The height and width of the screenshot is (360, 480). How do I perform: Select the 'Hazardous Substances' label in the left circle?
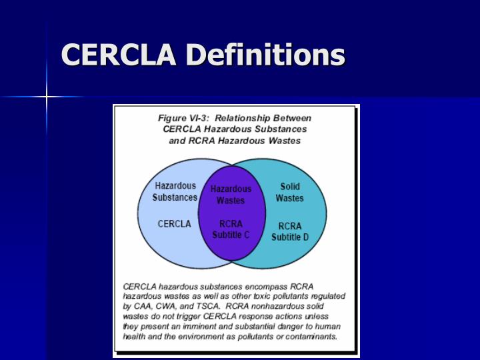point(175,191)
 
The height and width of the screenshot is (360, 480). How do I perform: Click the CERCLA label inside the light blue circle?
point(174,224)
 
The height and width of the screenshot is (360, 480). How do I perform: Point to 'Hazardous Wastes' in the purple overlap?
point(231,194)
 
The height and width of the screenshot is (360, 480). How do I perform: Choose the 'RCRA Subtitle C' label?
point(231,229)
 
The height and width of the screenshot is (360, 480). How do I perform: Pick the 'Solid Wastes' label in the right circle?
point(290,192)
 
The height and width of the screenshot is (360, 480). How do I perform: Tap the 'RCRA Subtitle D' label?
point(290,231)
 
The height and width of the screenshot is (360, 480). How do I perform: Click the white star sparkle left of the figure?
point(47,97)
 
